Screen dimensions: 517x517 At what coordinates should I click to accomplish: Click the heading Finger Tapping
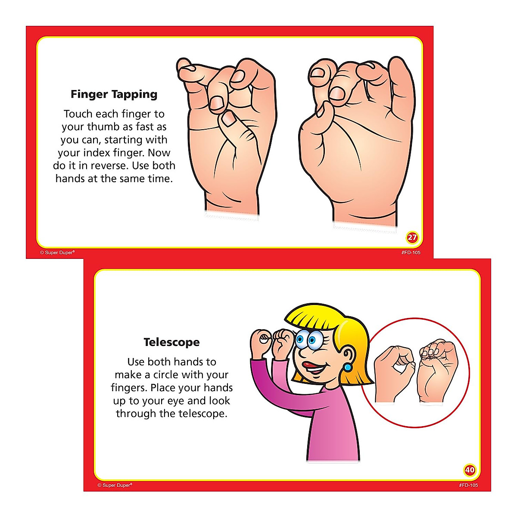[x=114, y=94]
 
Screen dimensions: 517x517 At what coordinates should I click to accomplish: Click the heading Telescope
[x=171, y=343]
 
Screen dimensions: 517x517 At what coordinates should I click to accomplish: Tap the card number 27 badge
[x=412, y=237]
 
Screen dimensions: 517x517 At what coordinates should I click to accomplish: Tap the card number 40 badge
[x=470, y=470]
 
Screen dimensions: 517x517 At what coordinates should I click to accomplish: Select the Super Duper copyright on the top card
[x=57, y=252]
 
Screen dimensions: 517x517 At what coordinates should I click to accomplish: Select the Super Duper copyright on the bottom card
[x=115, y=485]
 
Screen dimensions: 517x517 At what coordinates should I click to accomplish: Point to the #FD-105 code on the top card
[x=411, y=252]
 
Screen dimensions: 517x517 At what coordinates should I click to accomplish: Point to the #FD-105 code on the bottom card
[x=468, y=485]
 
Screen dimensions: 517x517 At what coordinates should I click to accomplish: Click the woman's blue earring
[x=347, y=368]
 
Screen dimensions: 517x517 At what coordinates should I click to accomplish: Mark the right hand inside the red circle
[x=436, y=371]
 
